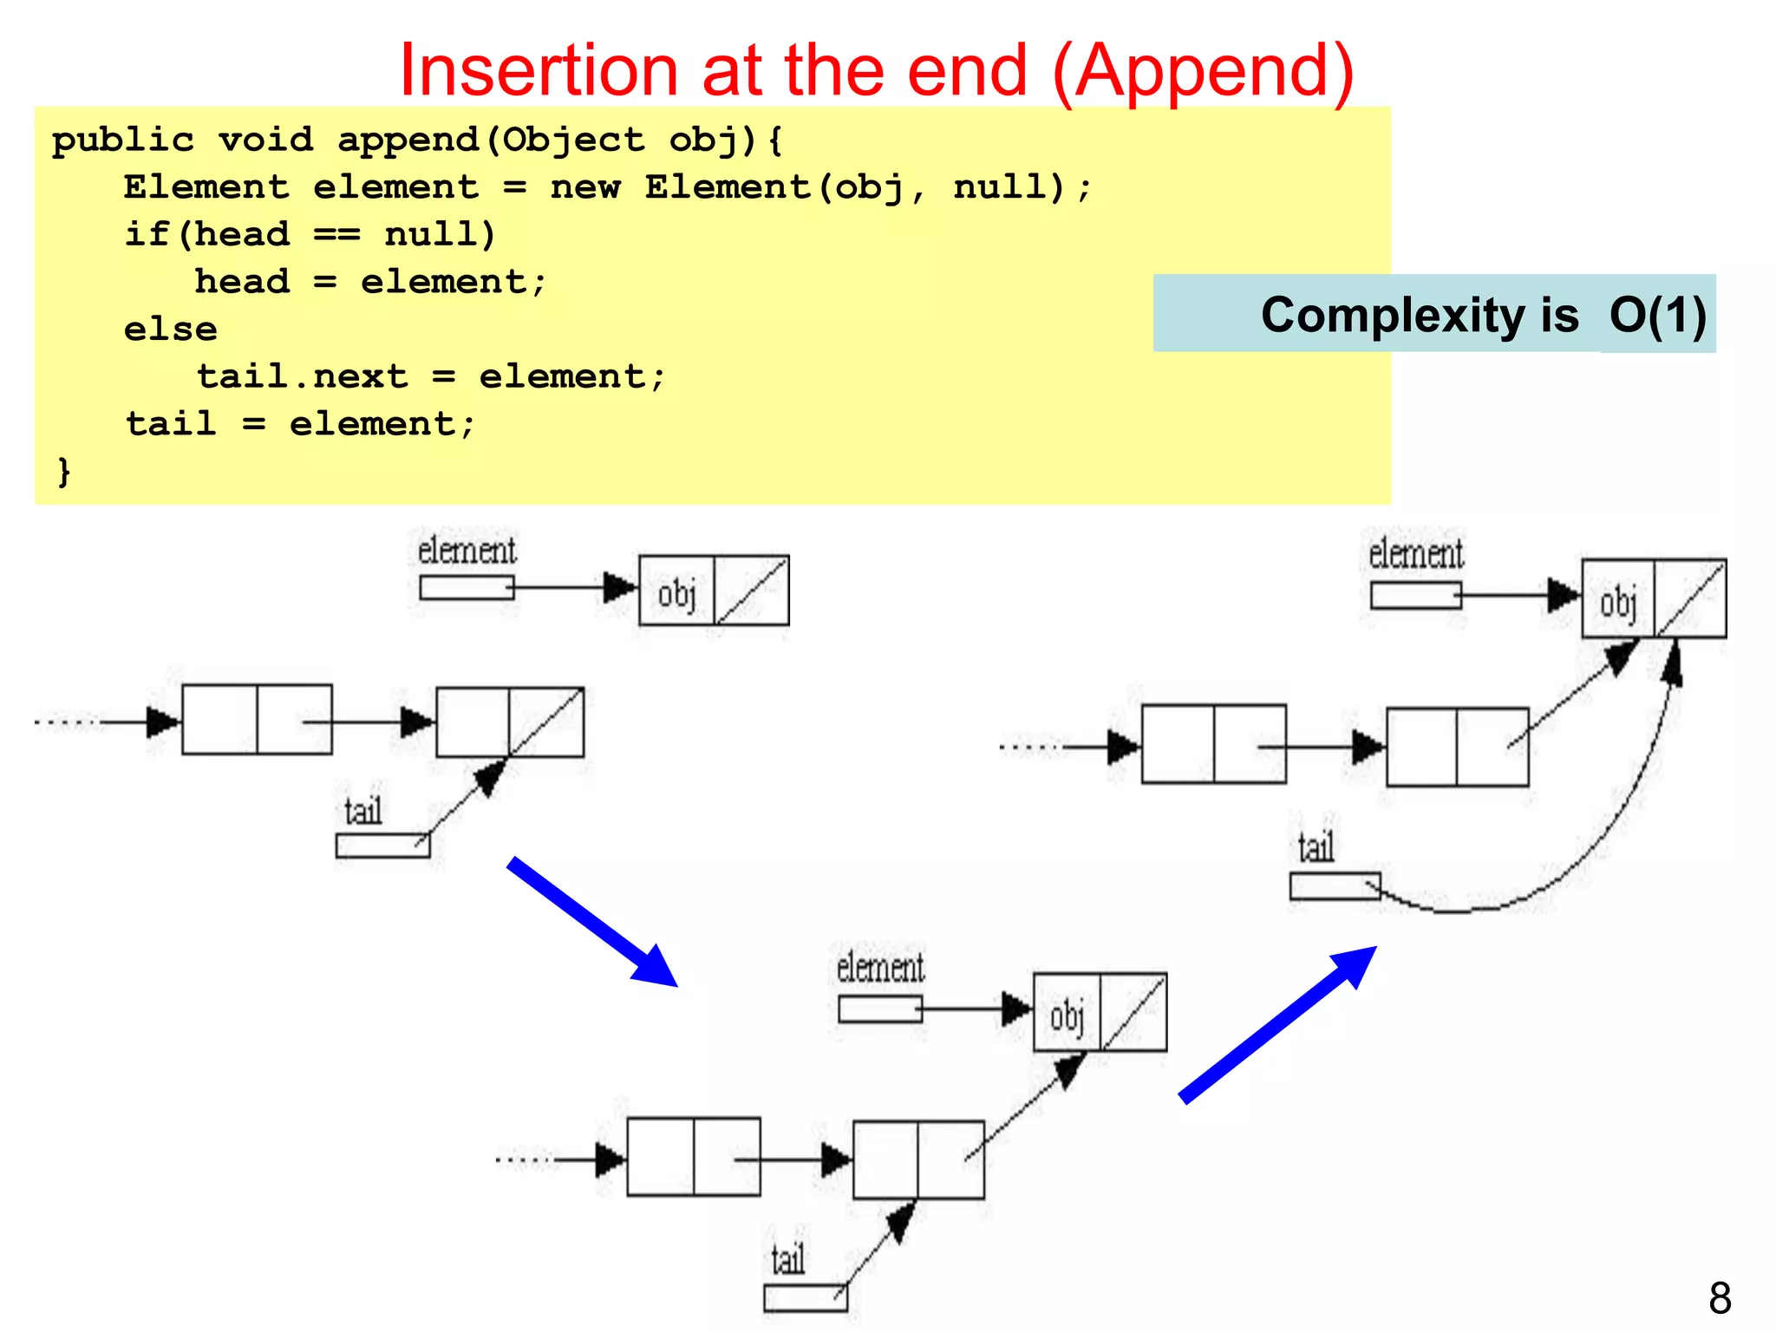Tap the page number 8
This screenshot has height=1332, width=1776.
(1720, 1298)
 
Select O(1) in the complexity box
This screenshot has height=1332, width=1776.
(1657, 315)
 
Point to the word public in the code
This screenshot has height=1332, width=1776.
(122, 140)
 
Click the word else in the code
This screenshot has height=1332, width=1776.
(170, 330)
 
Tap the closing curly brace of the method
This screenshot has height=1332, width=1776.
(63, 472)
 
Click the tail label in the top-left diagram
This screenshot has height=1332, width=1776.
(363, 812)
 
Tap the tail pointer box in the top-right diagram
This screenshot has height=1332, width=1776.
(1334, 886)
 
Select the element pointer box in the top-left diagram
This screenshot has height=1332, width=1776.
(467, 588)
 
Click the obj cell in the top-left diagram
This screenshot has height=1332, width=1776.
(676, 592)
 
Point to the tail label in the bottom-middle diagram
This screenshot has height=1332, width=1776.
(788, 1260)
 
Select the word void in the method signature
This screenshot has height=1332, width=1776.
(265, 140)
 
